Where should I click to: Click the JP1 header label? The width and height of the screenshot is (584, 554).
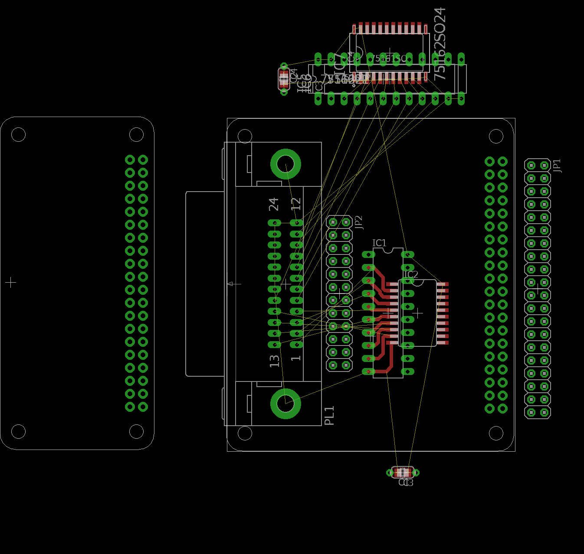pyautogui.click(x=558, y=166)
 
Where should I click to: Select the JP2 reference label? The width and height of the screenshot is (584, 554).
pyautogui.click(x=358, y=222)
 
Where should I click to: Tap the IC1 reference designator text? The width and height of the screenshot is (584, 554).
pyautogui.click(x=379, y=243)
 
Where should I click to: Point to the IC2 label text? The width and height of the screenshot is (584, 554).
pyautogui.click(x=410, y=275)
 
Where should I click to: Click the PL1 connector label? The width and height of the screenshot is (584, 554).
pyautogui.click(x=329, y=415)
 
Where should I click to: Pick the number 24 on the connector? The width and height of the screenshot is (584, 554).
pyautogui.click(x=274, y=204)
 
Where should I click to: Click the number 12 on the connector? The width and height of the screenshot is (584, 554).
pyautogui.click(x=296, y=204)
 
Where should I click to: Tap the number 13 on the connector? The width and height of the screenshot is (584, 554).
pyautogui.click(x=274, y=361)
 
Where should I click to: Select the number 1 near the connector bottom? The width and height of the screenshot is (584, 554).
pyautogui.click(x=296, y=358)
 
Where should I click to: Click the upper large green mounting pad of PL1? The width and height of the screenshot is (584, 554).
pyautogui.click(x=285, y=164)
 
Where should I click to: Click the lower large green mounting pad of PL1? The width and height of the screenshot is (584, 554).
pyautogui.click(x=285, y=404)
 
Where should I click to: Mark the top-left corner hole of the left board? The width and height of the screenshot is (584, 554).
pyautogui.click(x=18, y=134)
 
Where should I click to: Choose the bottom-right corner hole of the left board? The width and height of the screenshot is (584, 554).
pyautogui.click(x=136, y=431)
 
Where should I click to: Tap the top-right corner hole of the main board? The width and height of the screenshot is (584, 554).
pyautogui.click(x=496, y=136)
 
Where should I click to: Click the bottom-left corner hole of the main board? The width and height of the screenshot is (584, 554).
pyautogui.click(x=245, y=433)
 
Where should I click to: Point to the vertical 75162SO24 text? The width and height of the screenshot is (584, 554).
pyautogui.click(x=440, y=44)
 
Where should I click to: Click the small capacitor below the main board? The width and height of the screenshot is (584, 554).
pyautogui.click(x=403, y=472)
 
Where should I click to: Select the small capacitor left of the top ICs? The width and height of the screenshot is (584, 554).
pyautogui.click(x=284, y=79)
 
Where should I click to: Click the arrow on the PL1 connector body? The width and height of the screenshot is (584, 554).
pyautogui.click(x=234, y=284)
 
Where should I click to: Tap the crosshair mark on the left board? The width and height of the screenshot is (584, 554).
pyautogui.click(x=11, y=283)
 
